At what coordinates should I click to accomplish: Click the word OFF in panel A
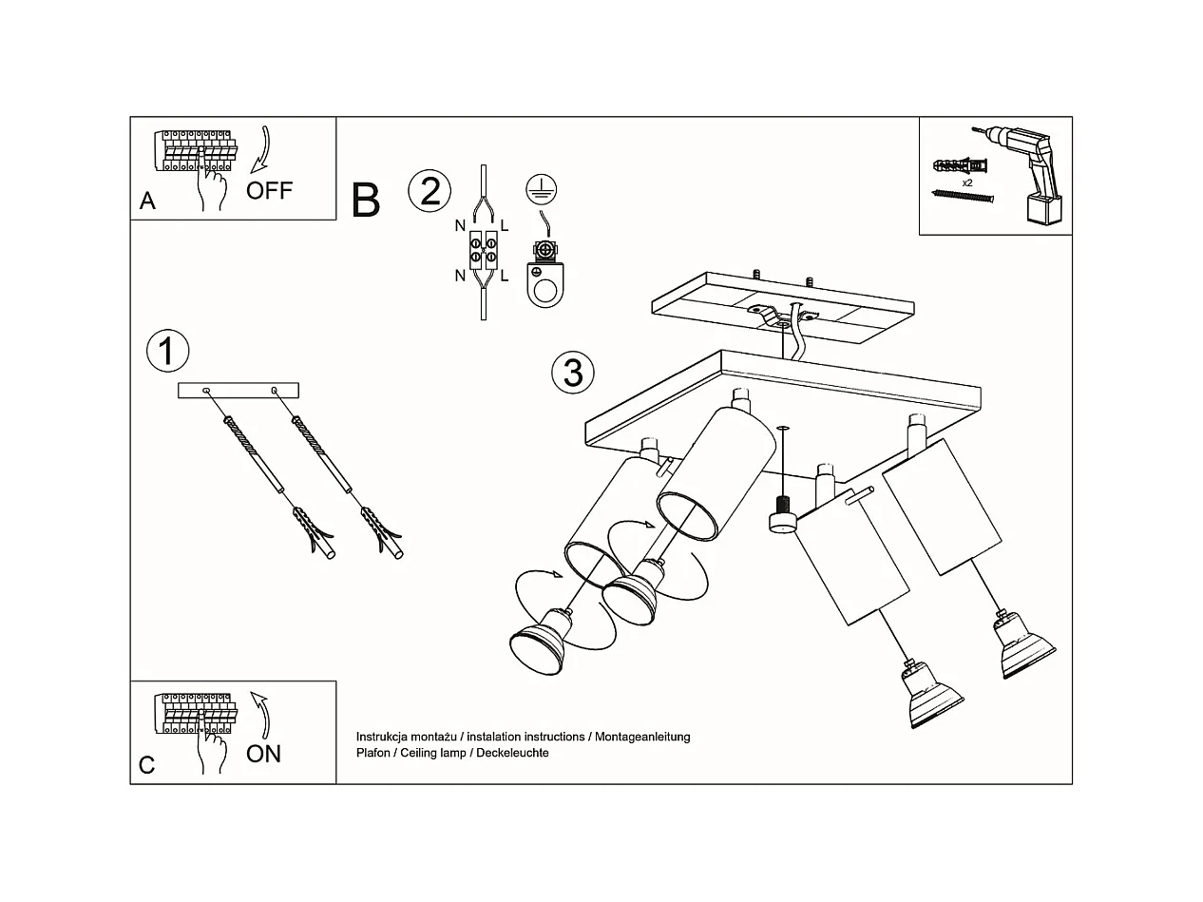coord(269,190)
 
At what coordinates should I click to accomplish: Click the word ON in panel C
coord(263,754)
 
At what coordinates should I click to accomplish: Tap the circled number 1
coord(167,351)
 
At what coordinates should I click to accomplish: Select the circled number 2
coord(430,191)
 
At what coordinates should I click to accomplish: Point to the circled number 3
coord(572,372)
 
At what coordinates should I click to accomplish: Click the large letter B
coord(366,201)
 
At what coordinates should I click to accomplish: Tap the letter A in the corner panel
coord(147,201)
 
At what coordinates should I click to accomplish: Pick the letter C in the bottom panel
coord(146,765)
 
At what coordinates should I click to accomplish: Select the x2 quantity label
coord(966,182)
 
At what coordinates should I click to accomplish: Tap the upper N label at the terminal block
coord(460,226)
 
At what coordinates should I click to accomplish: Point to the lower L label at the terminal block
coord(505,276)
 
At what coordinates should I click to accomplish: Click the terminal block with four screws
coord(482,252)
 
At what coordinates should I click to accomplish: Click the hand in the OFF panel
coord(211,187)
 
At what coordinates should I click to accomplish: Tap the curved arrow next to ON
coord(260,713)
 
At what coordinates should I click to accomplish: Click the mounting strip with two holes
coord(239,390)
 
